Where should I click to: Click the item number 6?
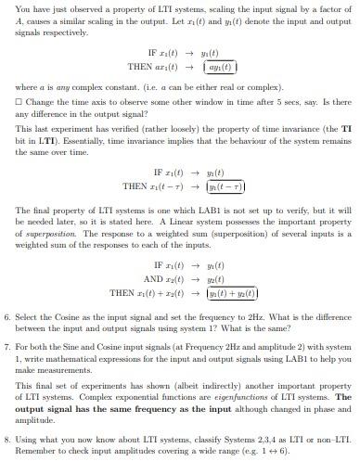(7, 316)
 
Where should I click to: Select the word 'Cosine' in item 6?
(72, 316)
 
